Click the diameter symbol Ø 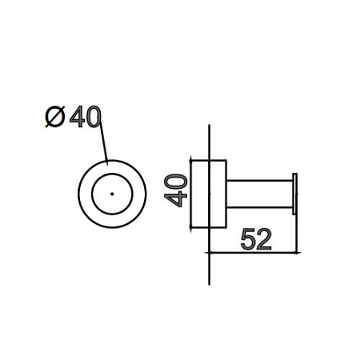coord(55,117)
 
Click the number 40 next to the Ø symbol coord(86,117)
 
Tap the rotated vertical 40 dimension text coord(176,190)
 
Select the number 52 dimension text coord(256,239)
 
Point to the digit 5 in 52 coord(248,239)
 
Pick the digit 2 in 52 coord(264,239)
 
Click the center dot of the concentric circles coord(112,194)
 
